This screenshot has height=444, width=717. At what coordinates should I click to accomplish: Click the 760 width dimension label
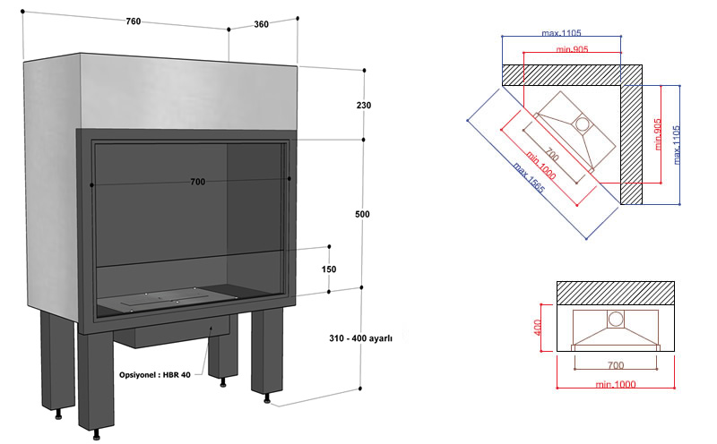(x=134, y=23)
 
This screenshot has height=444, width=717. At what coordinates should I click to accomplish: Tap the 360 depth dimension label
(x=262, y=24)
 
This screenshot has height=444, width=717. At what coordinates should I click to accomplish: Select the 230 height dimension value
(x=363, y=106)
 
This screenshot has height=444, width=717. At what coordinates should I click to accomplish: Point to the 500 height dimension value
(x=363, y=215)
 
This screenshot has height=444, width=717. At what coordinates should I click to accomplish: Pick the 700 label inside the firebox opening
(x=198, y=183)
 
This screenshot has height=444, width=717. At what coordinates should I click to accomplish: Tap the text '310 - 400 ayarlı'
(x=361, y=338)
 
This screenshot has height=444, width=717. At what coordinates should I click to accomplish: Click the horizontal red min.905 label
(x=571, y=50)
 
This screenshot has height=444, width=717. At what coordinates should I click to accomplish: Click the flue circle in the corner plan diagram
(x=581, y=124)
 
